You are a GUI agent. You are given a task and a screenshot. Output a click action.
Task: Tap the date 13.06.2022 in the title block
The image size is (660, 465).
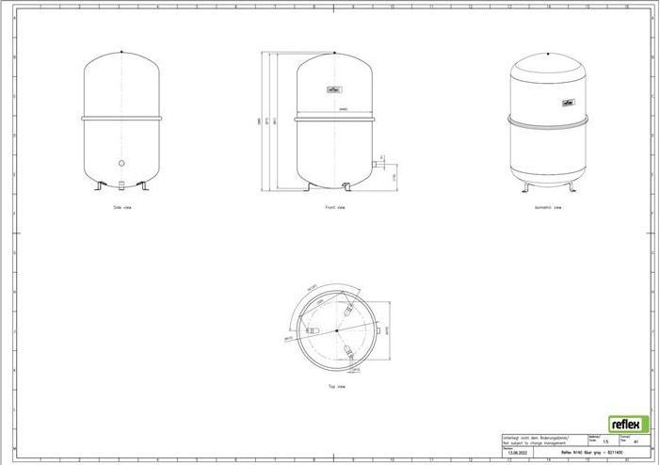513,452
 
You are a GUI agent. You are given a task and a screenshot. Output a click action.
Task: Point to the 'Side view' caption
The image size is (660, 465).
121,206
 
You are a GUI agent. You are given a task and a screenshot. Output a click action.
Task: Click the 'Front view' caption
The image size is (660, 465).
335,206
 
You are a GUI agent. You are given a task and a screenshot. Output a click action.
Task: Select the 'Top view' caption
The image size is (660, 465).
335,386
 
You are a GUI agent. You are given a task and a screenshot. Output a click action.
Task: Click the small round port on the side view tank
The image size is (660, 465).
121,163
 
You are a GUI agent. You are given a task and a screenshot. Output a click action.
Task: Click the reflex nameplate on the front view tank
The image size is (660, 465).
335,90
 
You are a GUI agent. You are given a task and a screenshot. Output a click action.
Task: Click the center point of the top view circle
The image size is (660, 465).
336,330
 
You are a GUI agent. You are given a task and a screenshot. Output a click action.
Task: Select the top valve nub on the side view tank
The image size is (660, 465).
121,52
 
